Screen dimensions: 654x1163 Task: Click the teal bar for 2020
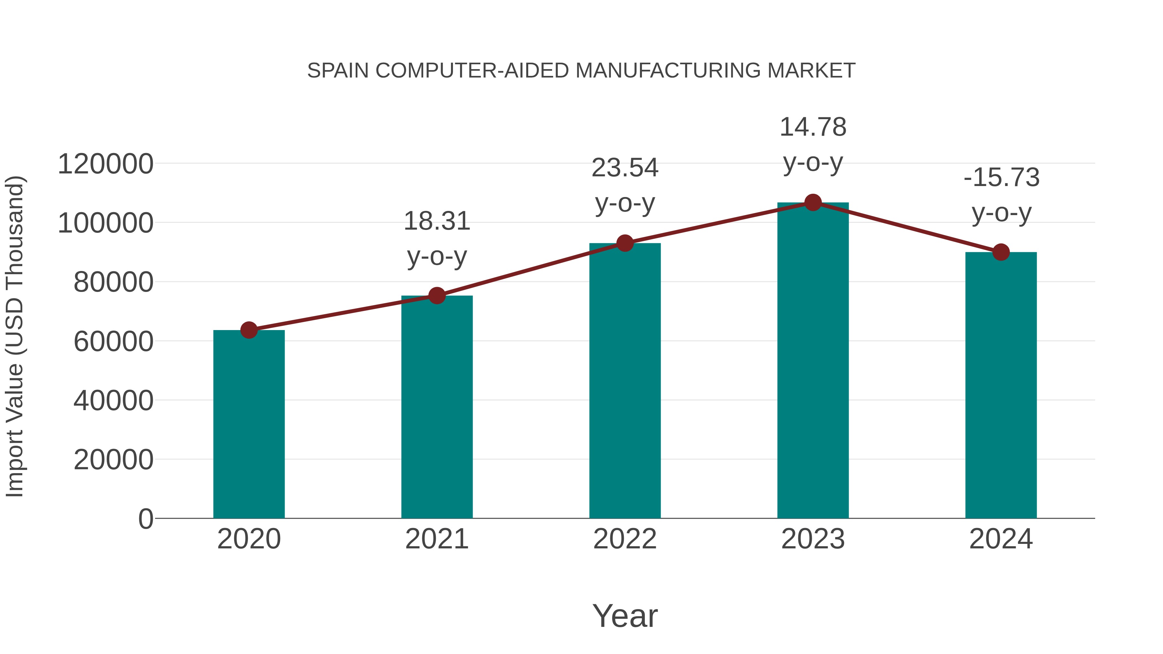pyautogui.click(x=249, y=424)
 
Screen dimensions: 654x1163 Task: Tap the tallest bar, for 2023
pyautogui.click(x=813, y=361)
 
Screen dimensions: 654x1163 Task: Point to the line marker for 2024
pyautogui.click(x=1001, y=252)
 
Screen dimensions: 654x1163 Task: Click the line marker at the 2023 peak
pyautogui.click(x=813, y=202)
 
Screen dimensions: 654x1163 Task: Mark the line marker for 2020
pyautogui.click(x=249, y=330)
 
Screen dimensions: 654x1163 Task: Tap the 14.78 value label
pyautogui.click(x=813, y=127)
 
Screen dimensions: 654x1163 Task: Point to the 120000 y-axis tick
pyautogui.click(x=105, y=164)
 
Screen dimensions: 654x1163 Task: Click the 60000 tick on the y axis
pyautogui.click(x=113, y=342)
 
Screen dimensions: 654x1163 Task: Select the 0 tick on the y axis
pyautogui.click(x=146, y=519)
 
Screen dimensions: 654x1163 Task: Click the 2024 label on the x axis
pyautogui.click(x=1001, y=539)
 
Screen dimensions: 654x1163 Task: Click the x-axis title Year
pyautogui.click(x=625, y=616)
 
